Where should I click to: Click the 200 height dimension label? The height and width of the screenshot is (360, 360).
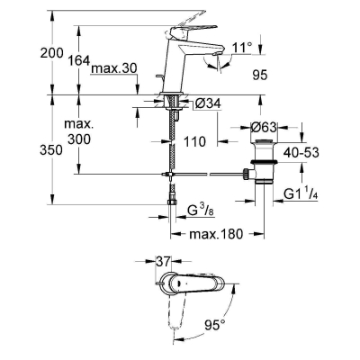[52, 53]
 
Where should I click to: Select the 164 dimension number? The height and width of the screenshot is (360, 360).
[79, 60]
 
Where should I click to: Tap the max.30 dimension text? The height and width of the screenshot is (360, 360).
[114, 68]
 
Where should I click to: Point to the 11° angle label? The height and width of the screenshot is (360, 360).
[242, 48]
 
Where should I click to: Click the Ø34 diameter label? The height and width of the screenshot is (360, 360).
[208, 103]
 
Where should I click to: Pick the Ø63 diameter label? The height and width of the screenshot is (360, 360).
[264, 128]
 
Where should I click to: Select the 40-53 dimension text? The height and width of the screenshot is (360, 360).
[301, 153]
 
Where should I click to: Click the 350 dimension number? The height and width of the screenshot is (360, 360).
[51, 150]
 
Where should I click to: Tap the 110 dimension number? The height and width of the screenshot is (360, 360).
[194, 141]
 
